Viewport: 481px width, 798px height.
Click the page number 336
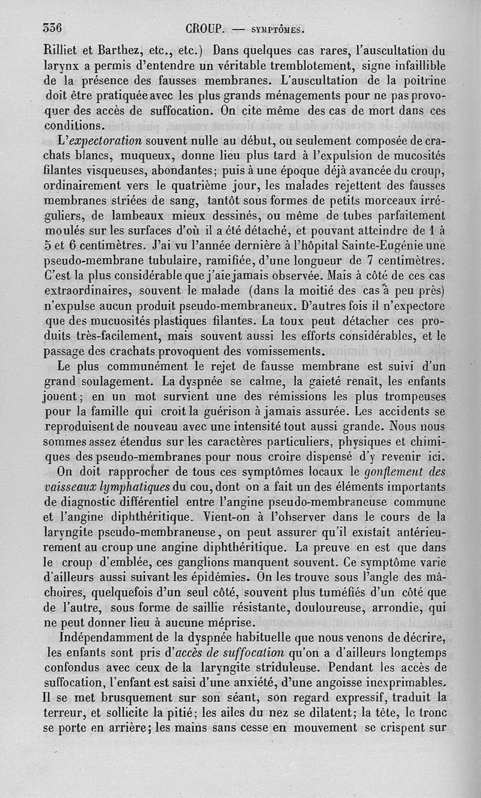(54, 28)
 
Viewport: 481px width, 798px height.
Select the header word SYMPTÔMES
(276, 29)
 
